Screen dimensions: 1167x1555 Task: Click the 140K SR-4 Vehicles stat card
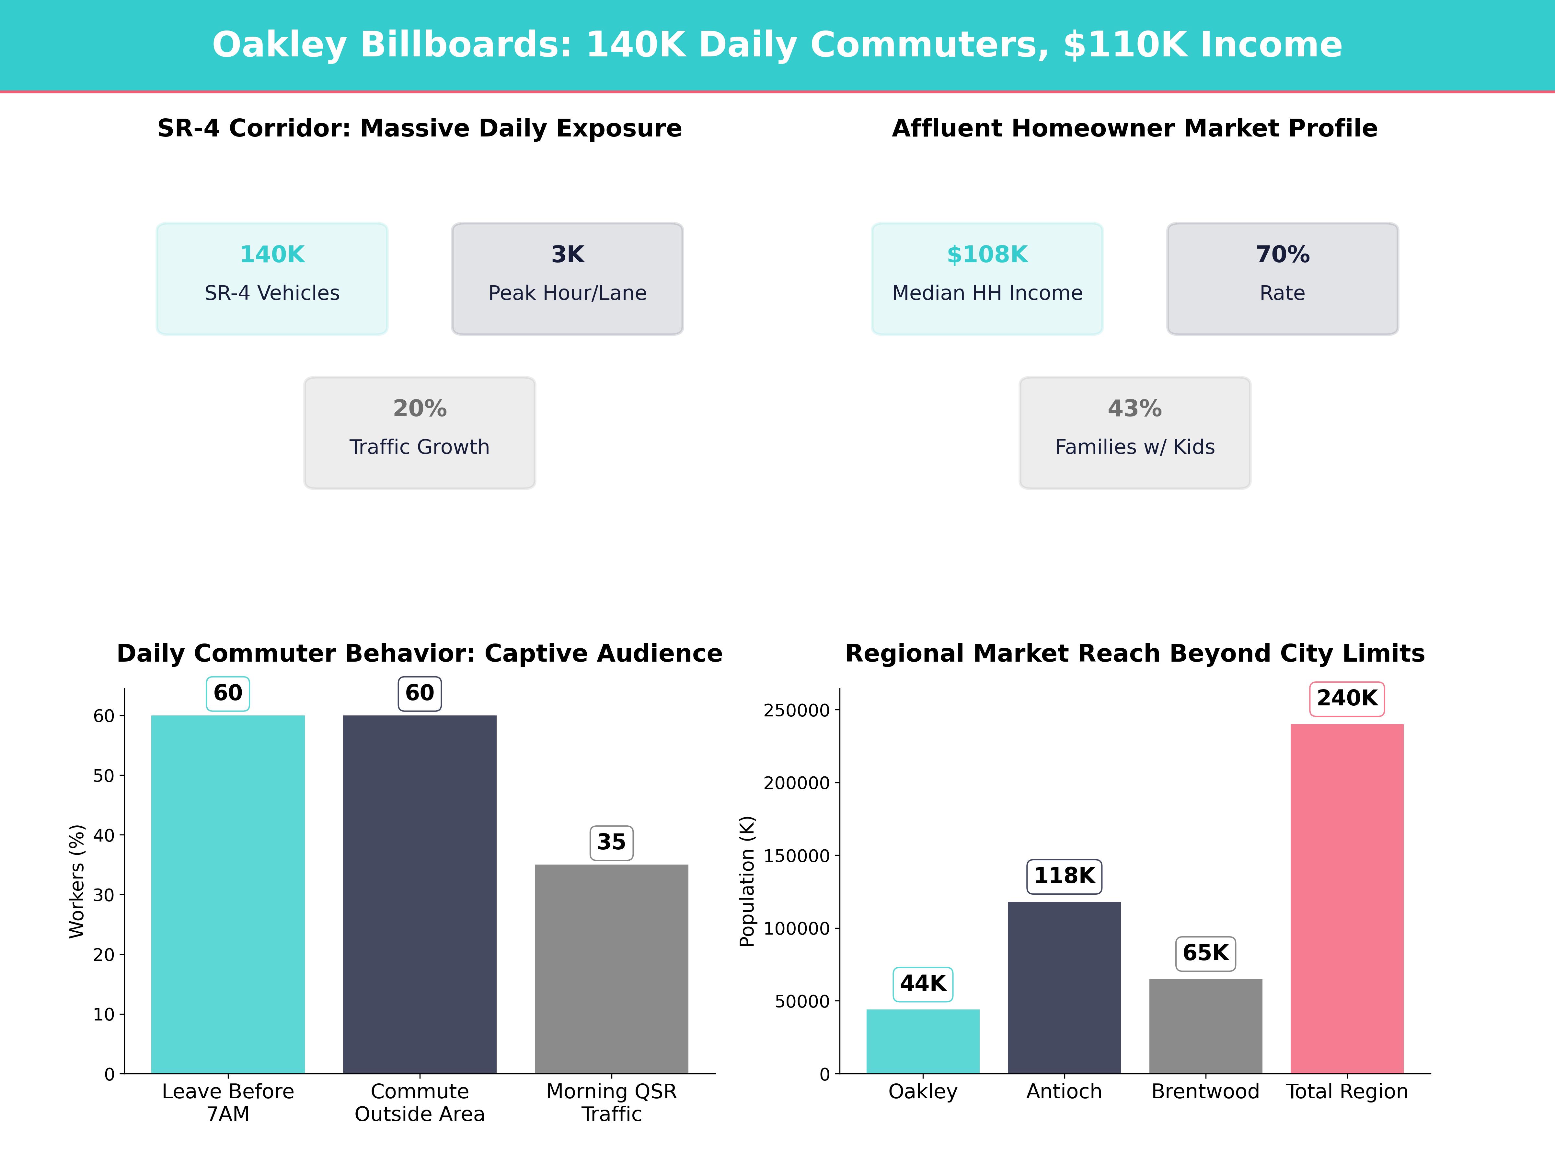pos(272,278)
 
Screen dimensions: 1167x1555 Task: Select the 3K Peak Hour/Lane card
pos(567,278)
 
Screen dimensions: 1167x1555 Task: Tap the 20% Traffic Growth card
pos(420,433)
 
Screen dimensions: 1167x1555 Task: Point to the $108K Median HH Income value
pos(987,255)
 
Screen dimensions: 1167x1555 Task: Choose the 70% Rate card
pos(1282,278)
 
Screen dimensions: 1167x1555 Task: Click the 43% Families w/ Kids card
pos(1135,433)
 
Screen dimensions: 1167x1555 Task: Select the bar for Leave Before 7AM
pos(228,893)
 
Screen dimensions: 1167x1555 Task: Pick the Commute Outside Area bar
pos(420,893)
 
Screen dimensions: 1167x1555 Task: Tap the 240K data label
pos(1347,699)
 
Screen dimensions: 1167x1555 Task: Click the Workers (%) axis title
pos(77,881)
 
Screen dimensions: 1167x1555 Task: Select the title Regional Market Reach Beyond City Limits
pos(1135,654)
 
